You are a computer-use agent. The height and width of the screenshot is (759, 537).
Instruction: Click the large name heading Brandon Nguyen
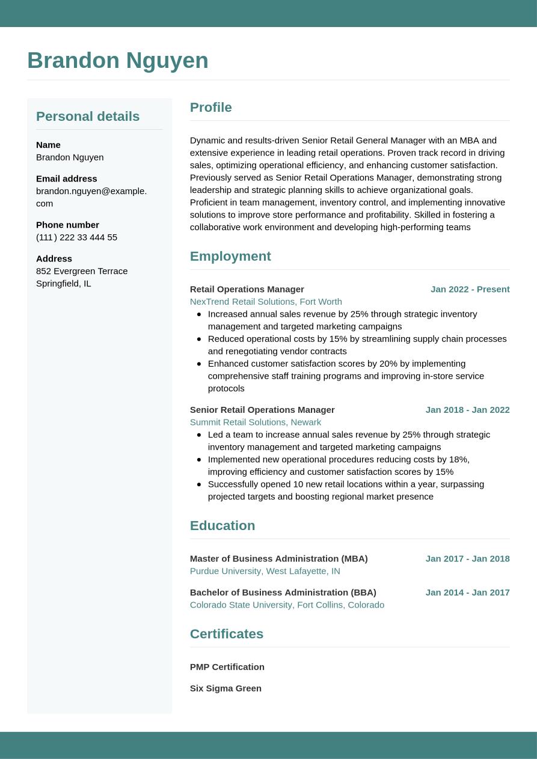(118, 61)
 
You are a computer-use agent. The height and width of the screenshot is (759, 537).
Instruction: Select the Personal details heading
(88, 117)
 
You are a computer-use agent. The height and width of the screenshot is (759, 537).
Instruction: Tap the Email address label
(66, 178)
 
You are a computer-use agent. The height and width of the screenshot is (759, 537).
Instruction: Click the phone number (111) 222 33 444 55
(76, 237)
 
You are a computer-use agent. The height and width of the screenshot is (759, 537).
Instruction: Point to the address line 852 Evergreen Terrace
(82, 271)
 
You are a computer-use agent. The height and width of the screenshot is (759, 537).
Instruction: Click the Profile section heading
(210, 108)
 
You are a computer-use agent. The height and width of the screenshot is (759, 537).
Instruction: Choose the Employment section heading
(230, 257)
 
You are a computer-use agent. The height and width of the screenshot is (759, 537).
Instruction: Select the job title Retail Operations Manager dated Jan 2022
(247, 289)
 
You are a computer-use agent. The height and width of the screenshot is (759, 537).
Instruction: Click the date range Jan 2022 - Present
(470, 289)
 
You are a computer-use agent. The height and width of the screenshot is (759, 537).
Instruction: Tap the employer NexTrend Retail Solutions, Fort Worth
(266, 302)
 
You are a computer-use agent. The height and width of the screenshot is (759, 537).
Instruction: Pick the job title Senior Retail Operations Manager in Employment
(262, 410)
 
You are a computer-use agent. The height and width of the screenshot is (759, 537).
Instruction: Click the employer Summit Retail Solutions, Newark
(256, 422)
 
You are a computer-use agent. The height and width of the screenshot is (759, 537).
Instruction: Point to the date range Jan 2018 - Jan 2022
(467, 410)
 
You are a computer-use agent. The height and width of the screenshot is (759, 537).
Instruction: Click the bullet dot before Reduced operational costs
(199, 339)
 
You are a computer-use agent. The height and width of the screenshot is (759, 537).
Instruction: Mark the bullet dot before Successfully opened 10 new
(199, 484)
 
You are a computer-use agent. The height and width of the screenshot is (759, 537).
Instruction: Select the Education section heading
(222, 526)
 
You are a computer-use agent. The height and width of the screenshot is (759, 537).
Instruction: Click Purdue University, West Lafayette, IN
(265, 572)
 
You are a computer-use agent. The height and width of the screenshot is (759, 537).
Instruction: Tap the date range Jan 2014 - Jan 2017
(467, 593)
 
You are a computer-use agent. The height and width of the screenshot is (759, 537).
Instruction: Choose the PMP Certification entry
(227, 667)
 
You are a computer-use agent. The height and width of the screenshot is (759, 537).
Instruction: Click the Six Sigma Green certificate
(226, 689)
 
